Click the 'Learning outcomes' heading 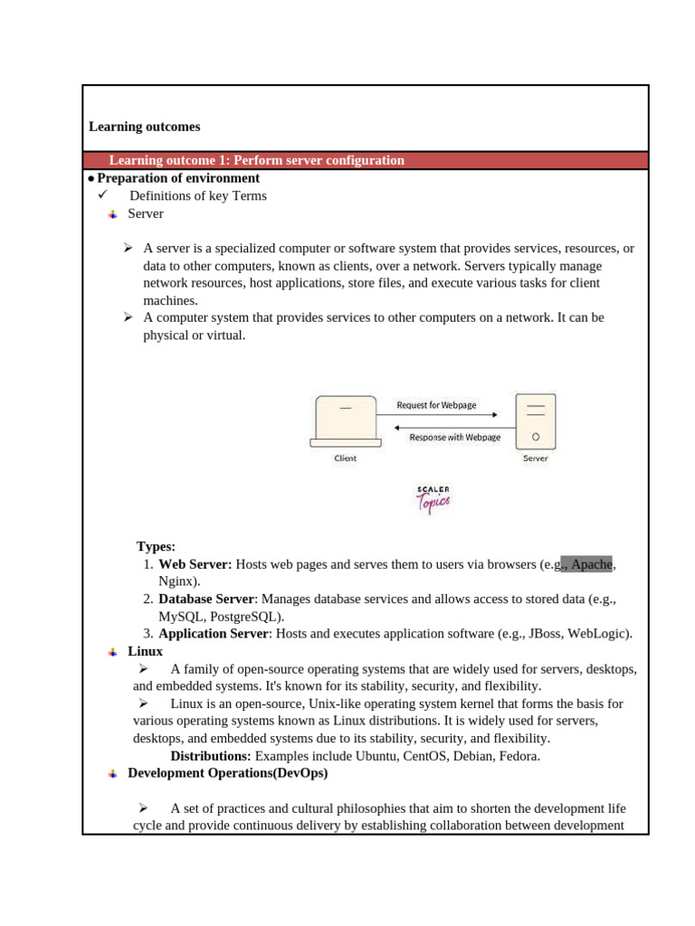(145, 128)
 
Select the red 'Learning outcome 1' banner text (256, 161)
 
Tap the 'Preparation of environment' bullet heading (178, 178)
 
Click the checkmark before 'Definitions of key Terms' (102, 195)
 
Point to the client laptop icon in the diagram (344, 421)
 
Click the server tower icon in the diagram (536, 421)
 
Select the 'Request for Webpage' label (436, 405)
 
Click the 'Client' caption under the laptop (345, 458)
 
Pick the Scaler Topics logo (433, 499)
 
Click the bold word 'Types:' (156, 546)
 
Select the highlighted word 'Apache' (592, 564)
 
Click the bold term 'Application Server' (213, 634)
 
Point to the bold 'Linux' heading (145, 651)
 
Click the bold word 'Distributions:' (211, 756)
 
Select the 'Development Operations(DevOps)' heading (227, 773)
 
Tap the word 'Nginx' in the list (178, 581)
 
